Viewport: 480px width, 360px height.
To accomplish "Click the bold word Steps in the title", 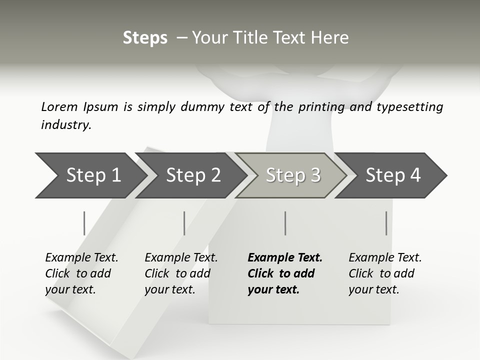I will pos(145,37).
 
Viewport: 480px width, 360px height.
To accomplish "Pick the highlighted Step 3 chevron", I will pos(293,175).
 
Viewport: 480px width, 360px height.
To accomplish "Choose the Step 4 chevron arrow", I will pos(393,175).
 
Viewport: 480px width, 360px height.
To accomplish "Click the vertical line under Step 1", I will pos(84,223).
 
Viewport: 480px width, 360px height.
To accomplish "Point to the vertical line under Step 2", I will pos(184,223).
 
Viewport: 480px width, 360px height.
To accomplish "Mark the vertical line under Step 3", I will pos(285,223).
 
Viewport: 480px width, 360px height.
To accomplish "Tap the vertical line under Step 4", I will pos(386,223).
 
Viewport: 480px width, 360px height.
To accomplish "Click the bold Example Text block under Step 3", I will pos(285,273).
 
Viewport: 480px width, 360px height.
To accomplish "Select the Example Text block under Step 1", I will pos(81,273).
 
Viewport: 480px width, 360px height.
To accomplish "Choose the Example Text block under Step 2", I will pos(181,273).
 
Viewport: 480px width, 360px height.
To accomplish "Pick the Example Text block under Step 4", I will pos(385,273).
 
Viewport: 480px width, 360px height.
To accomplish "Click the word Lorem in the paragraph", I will pos(59,107).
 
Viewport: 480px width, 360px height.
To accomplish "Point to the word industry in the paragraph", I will pos(66,125).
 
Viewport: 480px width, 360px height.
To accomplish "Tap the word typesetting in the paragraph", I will pos(409,107).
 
